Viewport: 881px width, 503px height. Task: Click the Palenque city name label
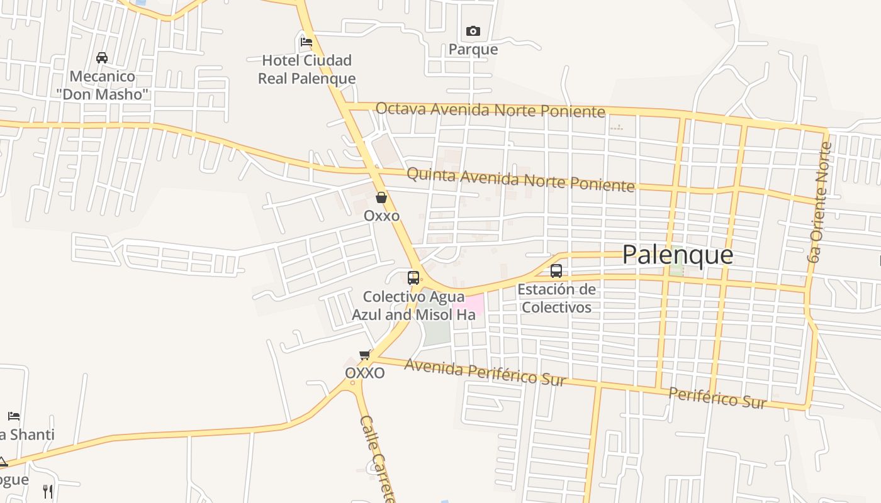[x=678, y=255]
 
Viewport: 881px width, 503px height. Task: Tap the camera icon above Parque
[x=473, y=31]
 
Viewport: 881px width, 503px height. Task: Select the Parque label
[x=473, y=49]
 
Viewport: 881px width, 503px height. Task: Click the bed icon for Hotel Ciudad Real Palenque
[x=306, y=42]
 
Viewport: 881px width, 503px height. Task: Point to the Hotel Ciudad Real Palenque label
[x=307, y=69]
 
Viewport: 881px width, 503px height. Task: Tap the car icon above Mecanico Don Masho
[x=102, y=58]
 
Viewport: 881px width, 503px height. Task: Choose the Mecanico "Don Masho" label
[x=102, y=86]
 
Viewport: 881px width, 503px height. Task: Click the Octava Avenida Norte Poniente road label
[x=490, y=110]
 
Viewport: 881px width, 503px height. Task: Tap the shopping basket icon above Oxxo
[x=381, y=197]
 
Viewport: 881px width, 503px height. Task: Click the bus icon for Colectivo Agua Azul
[x=413, y=278]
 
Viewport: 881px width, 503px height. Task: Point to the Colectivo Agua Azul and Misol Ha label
[x=413, y=305]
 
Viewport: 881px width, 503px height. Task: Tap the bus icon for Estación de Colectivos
[x=556, y=271]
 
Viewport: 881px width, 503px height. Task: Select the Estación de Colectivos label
[x=556, y=298]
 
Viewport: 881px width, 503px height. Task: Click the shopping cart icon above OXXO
[x=364, y=355]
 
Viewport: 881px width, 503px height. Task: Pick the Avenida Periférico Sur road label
[x=485, y=372]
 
